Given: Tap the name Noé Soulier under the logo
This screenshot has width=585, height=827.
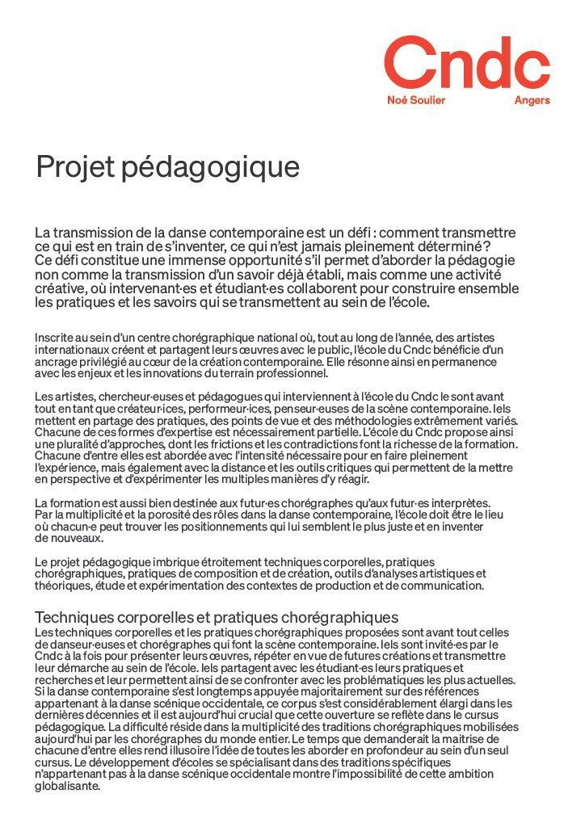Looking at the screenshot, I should (x=416, y=101).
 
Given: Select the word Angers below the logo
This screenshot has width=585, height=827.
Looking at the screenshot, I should (x=532, y=101).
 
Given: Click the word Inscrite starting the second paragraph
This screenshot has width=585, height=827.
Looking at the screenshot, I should (x=54, y=337).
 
